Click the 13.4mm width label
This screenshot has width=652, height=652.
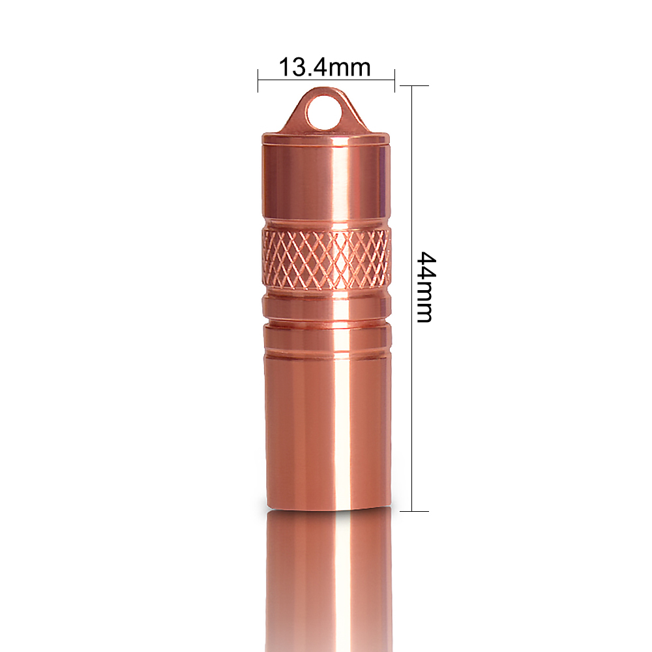point(324,67)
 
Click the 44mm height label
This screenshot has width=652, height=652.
point(426,287)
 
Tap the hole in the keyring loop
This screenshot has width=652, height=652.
point(324,113)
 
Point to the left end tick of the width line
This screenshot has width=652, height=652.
point(258,80)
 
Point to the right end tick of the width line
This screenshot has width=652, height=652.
point(394,80)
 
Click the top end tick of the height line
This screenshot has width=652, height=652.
point(414,86)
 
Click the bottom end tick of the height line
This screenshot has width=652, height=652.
point(414,511)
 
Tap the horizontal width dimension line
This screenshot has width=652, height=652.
point(327,80)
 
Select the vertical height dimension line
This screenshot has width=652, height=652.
point(411,299)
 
